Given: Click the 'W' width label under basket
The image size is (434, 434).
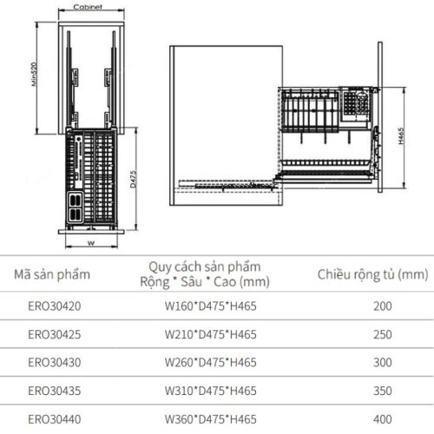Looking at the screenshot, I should click(x=90, y=243).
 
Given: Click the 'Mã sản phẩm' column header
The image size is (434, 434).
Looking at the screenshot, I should click(x=51, y=275).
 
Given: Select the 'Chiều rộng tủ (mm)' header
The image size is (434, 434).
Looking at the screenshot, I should click(x=372, y=275).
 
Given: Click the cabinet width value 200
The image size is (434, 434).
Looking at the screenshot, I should click(x=383, y=306).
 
